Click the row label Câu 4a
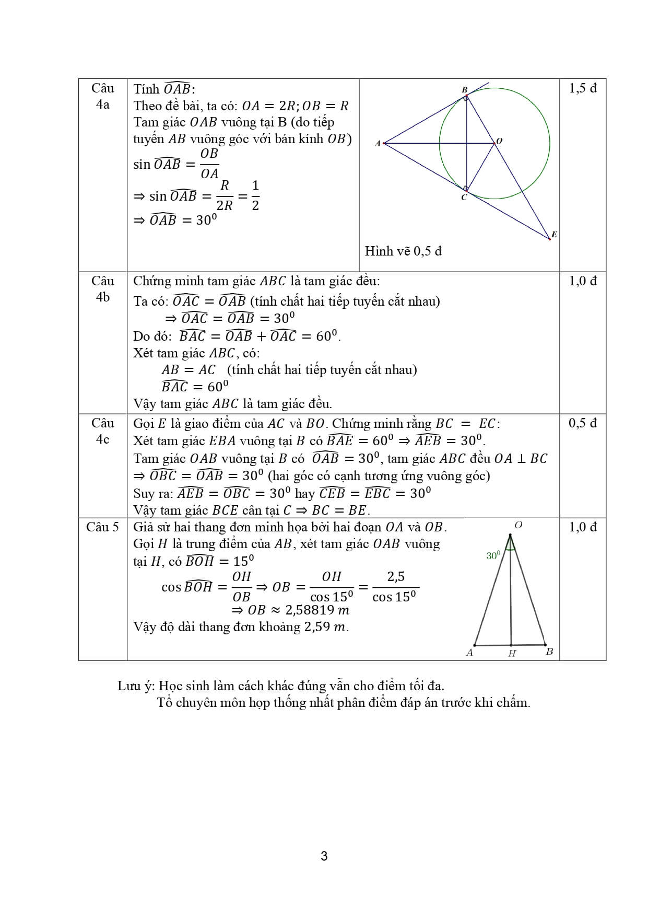[x=102, y=96]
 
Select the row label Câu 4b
[x=102, y=289]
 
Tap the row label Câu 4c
[x=102, y=431]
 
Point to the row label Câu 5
[x=102, y=527]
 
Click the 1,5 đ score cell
[x=583, y=88]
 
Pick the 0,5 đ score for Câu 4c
[x=583, y=423]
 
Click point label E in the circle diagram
[x=554, y=234]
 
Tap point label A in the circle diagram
[x=378, y=143]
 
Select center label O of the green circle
[x=499, y=141]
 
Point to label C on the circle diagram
[x=464, y=198]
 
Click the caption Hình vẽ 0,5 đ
[x=403, y=251]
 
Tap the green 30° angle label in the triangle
[x=493, y=555]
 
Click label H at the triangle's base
[x=512, y=653]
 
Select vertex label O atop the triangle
[x=518, y=525]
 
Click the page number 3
[x=324, y=856]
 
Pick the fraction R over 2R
[x=225, y=196]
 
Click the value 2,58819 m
[x=317, y=610]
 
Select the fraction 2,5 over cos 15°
[x=395, y=587]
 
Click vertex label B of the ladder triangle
[x=549, y=652]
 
